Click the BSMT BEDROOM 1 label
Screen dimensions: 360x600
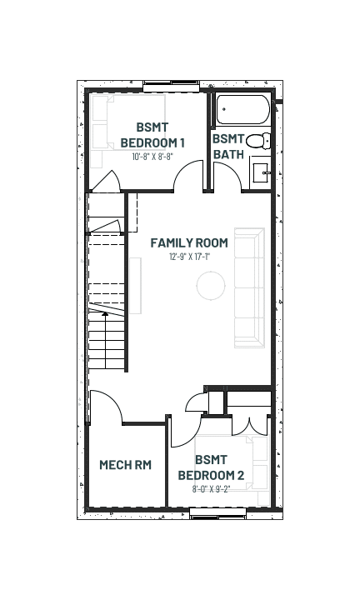pos(152,135)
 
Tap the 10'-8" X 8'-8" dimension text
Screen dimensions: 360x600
pos(152,156)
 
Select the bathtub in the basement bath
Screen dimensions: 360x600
pos(243,110)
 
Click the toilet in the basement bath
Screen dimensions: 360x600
pos(257,141)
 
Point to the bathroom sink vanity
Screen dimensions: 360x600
pos(261,172)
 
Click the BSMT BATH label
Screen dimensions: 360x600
pos(228,147)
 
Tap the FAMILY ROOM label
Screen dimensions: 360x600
pos(189,242)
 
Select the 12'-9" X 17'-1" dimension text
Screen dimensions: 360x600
pos(189,257)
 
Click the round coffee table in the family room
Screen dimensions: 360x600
pos(211,286)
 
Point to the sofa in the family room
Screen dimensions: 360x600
pos(249,287)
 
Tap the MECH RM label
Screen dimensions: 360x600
pos(126,464)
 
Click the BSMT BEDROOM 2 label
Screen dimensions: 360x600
pos(211,467)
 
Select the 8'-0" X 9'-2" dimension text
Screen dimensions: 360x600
pos(211,488)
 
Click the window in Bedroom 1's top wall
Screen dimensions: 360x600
pos(172,86)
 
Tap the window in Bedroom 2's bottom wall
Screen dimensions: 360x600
pos(218,513)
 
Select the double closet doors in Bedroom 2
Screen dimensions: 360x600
pos(249,427)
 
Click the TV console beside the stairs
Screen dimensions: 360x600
pos(136,286)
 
